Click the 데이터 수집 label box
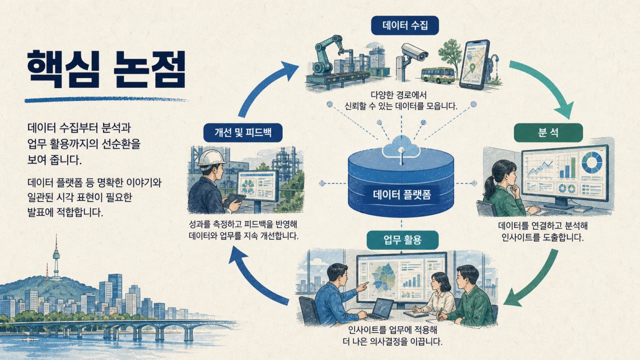point(405,25)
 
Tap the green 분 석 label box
point(548,132)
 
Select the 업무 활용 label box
point(402,240)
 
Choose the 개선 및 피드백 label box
point(243,132)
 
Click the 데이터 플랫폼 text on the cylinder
point(401,195)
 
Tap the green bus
point(437,75)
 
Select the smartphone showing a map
point(474,64)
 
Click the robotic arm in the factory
point(328,55)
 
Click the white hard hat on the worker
point(211,158)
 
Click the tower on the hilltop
point(56,257)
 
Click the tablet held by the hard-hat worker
point(234,199)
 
